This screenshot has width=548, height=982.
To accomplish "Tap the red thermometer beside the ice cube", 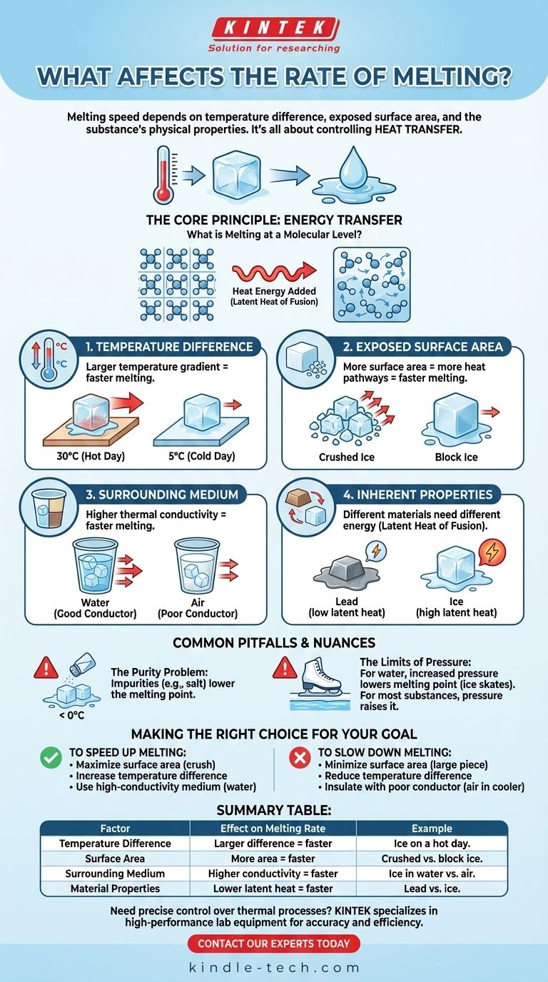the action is click(x=163, y=174).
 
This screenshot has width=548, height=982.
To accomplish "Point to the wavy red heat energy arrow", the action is click(x=275, y=273).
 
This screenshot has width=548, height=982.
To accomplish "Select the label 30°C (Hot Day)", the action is click(x=91, y=456).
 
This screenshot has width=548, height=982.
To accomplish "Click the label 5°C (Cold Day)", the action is click(x=202, y=456).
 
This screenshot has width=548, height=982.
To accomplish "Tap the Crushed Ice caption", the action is click(x=346, y=457).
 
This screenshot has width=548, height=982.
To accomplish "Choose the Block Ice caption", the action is click(x=456, y=457).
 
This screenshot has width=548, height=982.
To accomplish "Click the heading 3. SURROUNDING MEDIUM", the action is click(x=162, y=495).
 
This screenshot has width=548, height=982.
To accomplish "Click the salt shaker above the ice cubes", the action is click(x=83, y=664).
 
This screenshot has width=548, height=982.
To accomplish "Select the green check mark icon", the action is click(x=51, y=758).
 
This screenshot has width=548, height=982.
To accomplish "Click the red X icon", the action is click(x=300, y=758).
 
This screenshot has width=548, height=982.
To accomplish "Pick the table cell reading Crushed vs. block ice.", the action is click(x=432, y=859).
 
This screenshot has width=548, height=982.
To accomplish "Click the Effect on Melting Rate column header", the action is click(x=273, y=828).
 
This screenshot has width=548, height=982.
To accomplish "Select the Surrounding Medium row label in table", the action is click(x=115, y=874).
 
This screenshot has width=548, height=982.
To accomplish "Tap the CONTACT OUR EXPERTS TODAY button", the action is click(x=273, y=943).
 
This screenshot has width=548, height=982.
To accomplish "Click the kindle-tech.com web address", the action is click(x=274, y=967).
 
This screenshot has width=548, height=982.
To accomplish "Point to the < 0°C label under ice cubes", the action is click(x=71, y=715).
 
